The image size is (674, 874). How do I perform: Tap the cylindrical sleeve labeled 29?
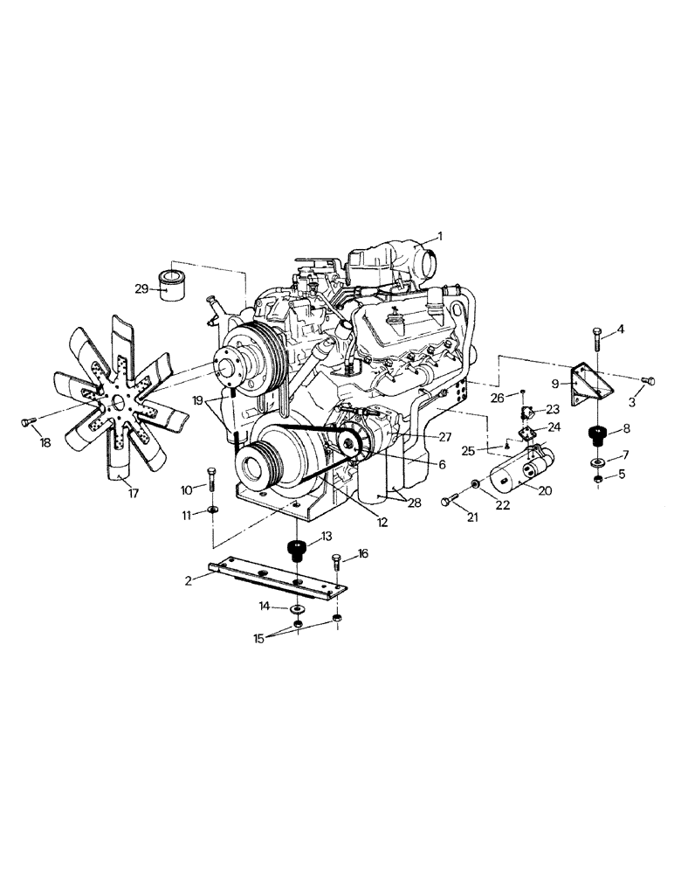pyautogui.click(x=175, y=286)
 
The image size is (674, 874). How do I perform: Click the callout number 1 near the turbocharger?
pyautogui.click(x=440, y=236)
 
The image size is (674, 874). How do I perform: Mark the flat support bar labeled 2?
pyautogui.click(x=275, y=579)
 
